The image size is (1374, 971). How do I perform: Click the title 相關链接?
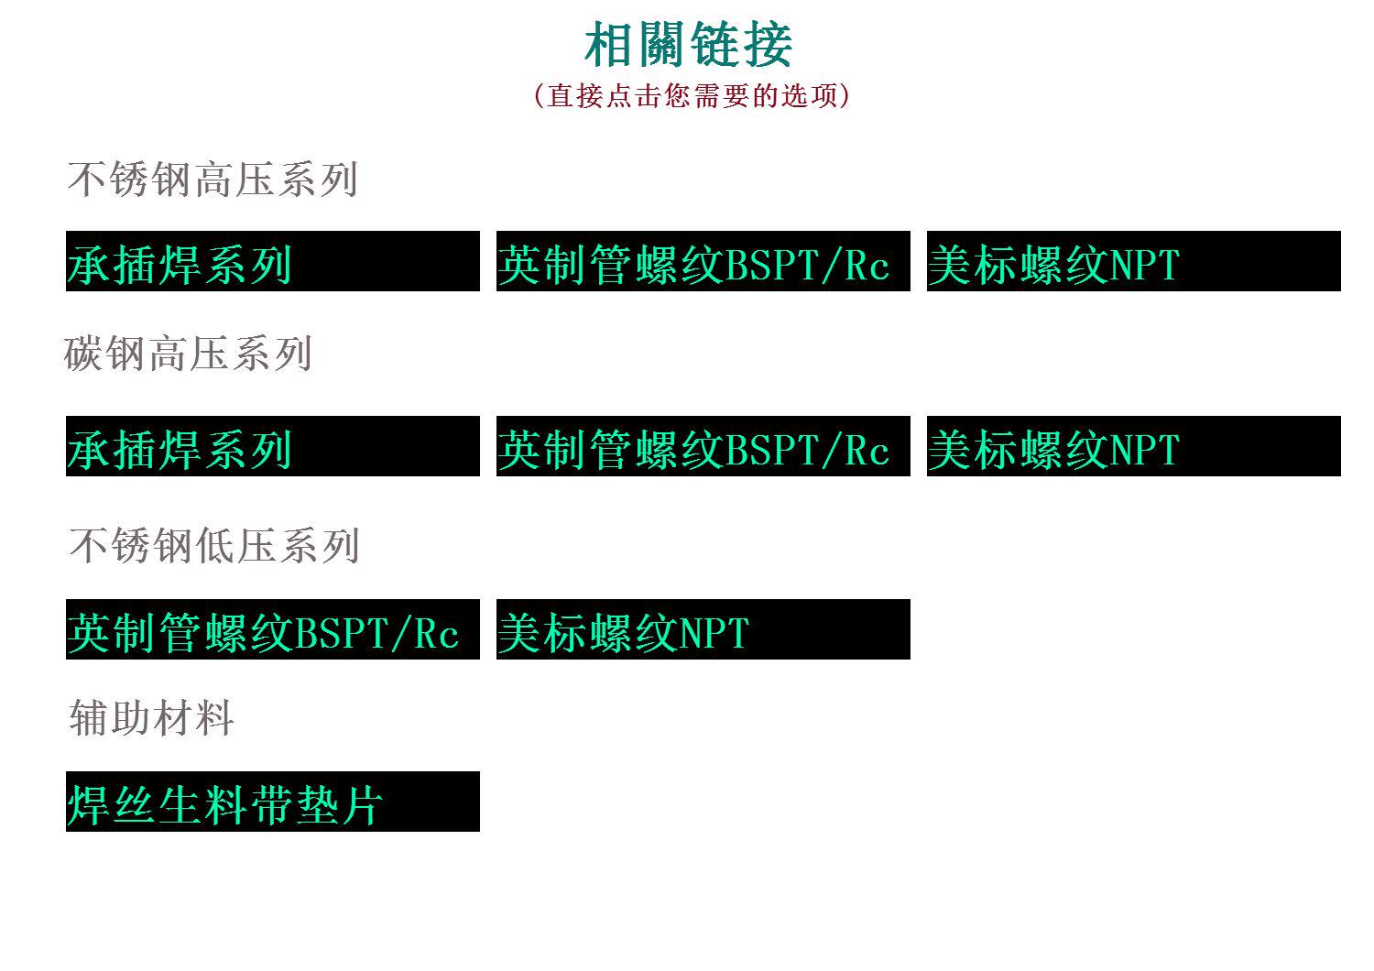tap(688, 45)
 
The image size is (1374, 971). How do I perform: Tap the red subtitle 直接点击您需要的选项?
tap(692, 95)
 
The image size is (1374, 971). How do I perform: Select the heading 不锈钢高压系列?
tap(213, 180)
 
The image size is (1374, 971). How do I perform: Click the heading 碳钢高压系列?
tap(189, 354)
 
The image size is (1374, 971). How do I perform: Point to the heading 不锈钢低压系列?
tap(214, 546)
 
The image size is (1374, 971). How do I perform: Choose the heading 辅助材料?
tap(152, 717)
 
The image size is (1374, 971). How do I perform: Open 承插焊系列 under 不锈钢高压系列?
tap(272, 262)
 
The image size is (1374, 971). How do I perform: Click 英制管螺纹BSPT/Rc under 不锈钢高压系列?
tap(703, 262)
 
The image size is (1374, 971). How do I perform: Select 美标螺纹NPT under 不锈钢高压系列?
tap(1133, 262)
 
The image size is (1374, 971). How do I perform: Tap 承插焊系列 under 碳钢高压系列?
tap(272, 447)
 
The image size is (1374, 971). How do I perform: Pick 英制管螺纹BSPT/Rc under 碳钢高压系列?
tap(703, 447)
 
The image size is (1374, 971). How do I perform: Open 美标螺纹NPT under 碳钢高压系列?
tap(1133, 447)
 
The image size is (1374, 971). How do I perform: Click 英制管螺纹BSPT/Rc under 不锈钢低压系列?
tap(272, 630)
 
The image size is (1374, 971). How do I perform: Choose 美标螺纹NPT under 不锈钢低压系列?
tap(703, 630)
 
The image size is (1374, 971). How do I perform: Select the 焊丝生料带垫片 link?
tap(272, 802)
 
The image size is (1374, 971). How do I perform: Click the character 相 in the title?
tap(610, 45)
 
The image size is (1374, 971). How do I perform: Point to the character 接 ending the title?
tap(768, 45)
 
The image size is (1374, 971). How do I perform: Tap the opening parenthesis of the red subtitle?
tap(539, 95)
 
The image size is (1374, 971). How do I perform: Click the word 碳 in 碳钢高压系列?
tap(84, 354)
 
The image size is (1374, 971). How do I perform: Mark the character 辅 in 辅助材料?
tap(90, 717)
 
